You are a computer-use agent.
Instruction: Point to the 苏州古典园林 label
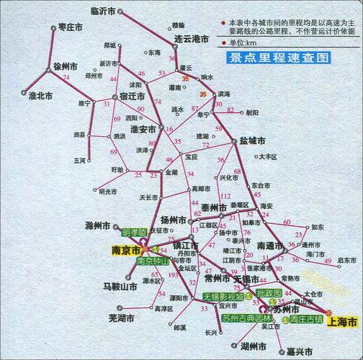pyautogui.click(x=246, y=318)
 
